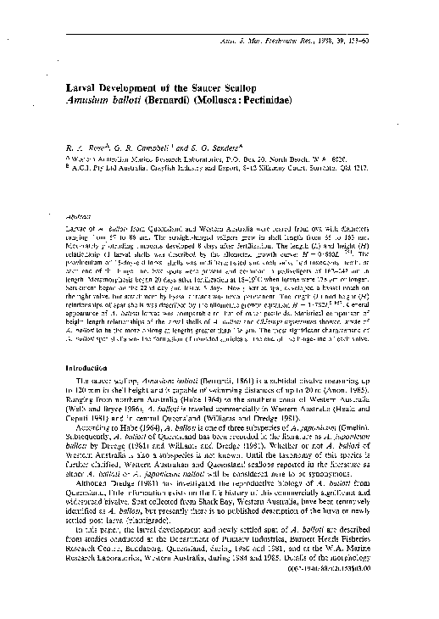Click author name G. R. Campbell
(136, 144)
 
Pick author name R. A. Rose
(81, 144)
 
